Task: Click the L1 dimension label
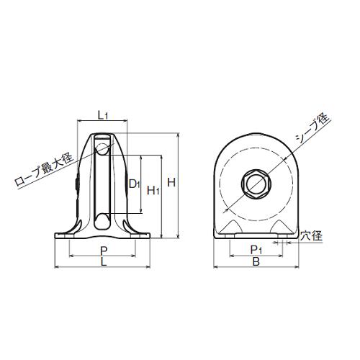point(103,116)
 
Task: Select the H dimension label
point(171,183)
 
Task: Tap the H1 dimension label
point(153,191)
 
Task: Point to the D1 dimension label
point(135,184)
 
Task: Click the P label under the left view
point(104,251)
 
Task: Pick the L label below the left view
point(104,261)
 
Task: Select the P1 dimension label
point(256,251)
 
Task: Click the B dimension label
point(256,261)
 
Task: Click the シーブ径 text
point(312,128)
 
